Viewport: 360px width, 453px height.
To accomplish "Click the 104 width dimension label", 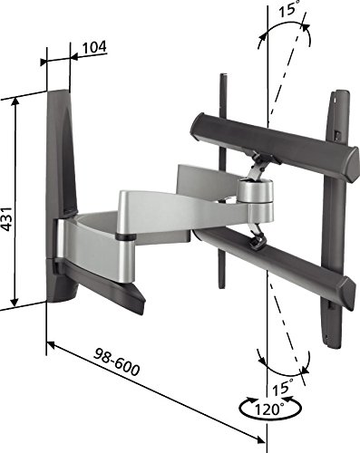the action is [x=94, y=47].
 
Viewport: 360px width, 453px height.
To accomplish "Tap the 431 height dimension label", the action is [x=6, y=219].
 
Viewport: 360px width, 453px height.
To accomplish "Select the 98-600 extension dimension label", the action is [x=117, y=362].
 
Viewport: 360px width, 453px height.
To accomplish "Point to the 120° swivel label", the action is [x=268, y=410].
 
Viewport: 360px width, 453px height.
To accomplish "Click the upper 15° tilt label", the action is [x=287, y=8].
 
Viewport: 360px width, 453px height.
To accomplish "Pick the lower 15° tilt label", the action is [x=283, y=387].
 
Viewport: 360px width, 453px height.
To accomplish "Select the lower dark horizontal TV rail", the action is [x=274, y=269].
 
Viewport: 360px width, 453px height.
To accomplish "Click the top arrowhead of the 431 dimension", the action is [x=15, y=101].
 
